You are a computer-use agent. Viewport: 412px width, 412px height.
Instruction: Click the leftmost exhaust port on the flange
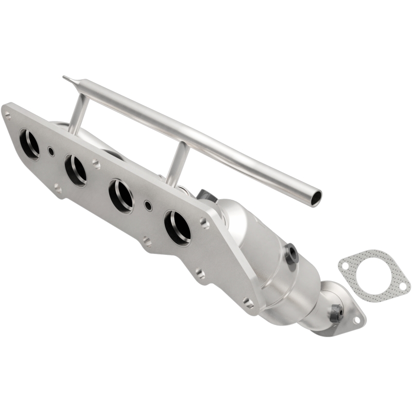pyautogui.click(x=29, y=144)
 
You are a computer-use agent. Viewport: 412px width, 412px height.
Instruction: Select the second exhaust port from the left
pyautogui.click(x=75, y=170)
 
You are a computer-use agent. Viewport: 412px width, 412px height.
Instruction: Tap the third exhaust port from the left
pyautogui.click(x=121, y=196)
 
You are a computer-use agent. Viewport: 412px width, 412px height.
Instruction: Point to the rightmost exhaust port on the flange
pyautogui.click(x=177, y=227)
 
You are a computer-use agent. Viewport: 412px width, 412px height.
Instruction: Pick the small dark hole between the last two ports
pyautogui.click(x=148, y=205)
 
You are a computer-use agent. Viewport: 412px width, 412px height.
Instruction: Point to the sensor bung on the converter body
pyautogui.click(x=291, y=253)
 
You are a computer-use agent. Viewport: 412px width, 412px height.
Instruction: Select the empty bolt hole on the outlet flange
pyautogui.click(x=356, y=321)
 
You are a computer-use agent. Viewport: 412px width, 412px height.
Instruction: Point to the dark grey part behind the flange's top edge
pyautogui.click(x=205, y=196)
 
